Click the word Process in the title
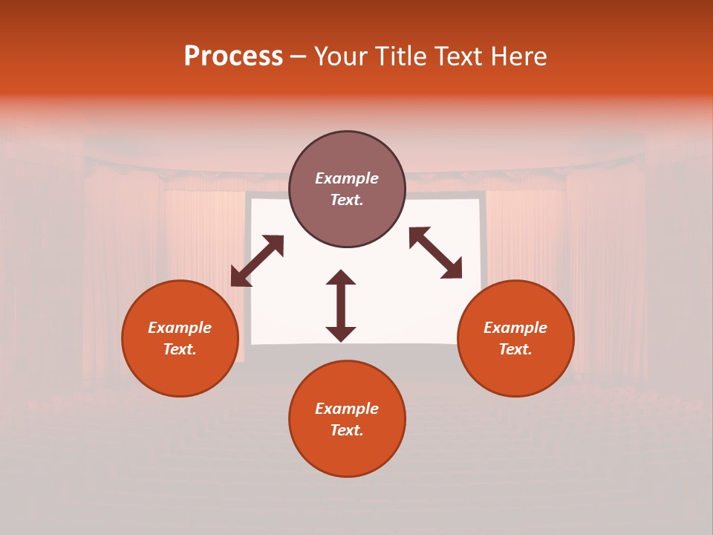click(x=233, y=56)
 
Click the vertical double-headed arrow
click(x=341, y=305)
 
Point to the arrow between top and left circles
click(x=257, y=261)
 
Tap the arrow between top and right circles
click(x=436, y=253)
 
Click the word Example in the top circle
click(x=347, y=178)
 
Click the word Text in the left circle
click(x=179, y=349)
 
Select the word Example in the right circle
click(x=515, y=328)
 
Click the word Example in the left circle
click(x=180, y=328)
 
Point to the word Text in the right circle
click(x=515, y=349)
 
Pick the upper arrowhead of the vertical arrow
click(x=341, y=279)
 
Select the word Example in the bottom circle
click(x=347, y=409)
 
